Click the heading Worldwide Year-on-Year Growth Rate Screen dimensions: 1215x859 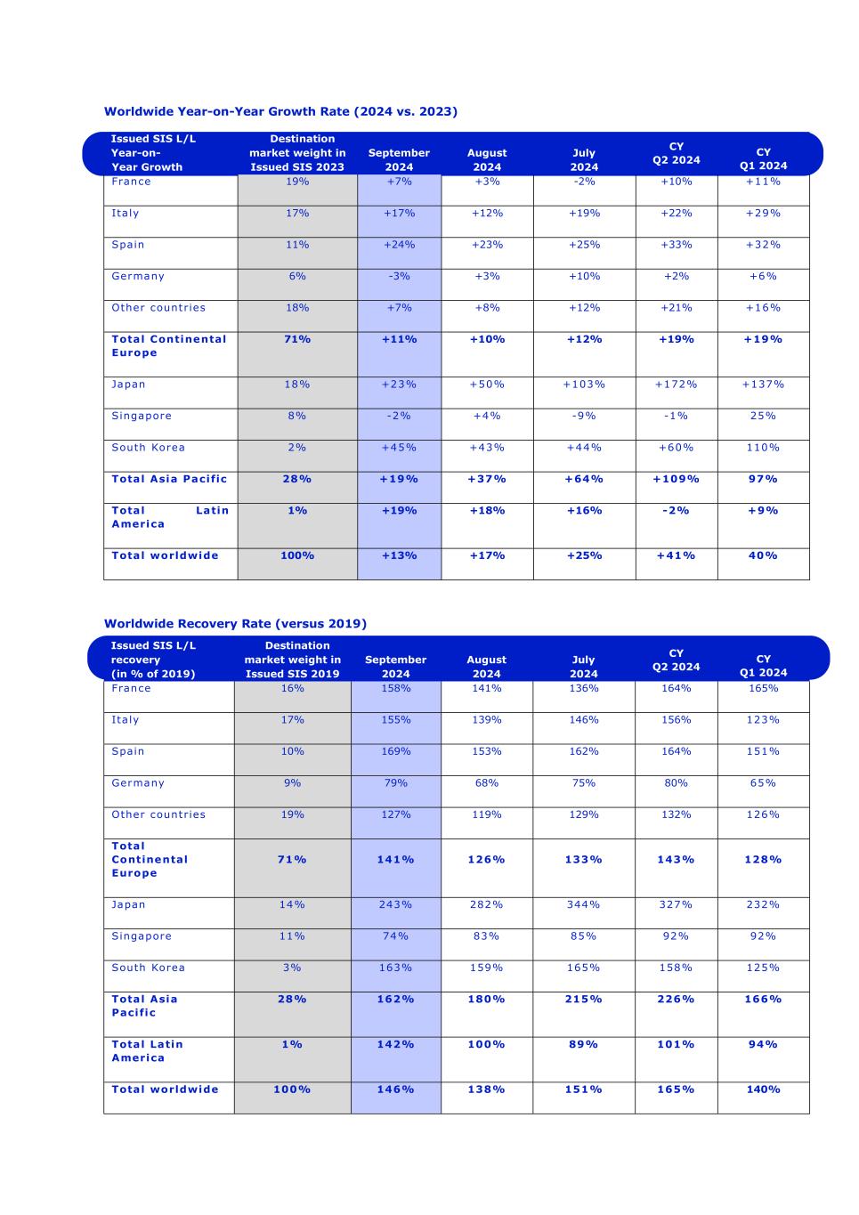(x=280, y=111)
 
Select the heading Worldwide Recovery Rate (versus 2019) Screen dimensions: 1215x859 (x=235, y=623)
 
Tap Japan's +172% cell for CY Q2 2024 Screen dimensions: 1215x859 (x=676, y=385)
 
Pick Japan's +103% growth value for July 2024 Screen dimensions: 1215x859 (x=584, y=385)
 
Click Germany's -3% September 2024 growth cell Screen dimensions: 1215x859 (x=399, y=276)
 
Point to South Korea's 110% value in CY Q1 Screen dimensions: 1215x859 (x=763, y=448)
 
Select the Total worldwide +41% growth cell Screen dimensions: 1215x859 (x=676, y=555)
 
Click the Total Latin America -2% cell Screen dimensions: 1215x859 (x=676, y=511)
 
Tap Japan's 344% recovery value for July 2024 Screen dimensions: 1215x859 (x=583, y=904)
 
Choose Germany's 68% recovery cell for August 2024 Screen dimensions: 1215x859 (x=486, y=783)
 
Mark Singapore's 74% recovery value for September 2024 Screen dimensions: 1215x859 (x=395, y=936)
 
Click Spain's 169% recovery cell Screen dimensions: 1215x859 (x=395, y=751)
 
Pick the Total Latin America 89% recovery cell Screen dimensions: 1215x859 (x=583, y=1044)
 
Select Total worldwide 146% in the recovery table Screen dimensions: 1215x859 (x=395, y=1089)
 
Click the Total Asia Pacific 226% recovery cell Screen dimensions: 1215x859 (x=676, y=1000)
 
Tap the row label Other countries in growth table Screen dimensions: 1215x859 (x=158, y=308)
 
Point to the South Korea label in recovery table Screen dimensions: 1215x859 (x=148, y=968)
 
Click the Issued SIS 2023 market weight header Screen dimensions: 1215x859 (x=297, y=153)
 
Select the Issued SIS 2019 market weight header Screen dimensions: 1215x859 (x=292, y=660)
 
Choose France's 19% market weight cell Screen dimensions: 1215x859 (x=297, y=182)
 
